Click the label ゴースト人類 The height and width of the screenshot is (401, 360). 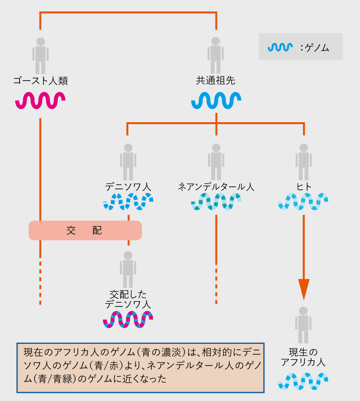(40, 81)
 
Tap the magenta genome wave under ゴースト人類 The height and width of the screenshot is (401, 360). (40, 100)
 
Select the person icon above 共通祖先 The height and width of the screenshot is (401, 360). (216, 55)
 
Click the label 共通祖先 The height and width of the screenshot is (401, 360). (216, 81)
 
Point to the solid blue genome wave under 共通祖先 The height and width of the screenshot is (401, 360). (216, 100)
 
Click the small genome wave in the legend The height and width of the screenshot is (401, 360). (280, 47)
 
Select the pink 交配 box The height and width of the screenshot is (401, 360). (85, 230)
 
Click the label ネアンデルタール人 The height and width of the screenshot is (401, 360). (216, 187)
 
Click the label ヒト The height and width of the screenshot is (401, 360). (304, 187)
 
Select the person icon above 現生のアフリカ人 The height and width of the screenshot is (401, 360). (303, 325)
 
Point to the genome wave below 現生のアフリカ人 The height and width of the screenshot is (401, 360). (303, 381)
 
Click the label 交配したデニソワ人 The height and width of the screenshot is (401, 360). (128, 299)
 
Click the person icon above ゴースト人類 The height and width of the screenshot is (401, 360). (40, 55)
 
